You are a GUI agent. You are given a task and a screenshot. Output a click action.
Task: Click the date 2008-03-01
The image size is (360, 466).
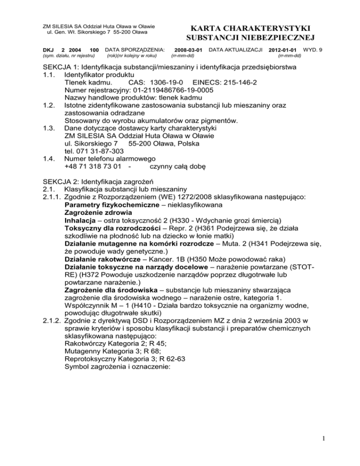click(x=188, y=49)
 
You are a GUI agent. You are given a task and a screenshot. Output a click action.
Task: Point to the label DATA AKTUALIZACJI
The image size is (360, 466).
click(x=235, y=49)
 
